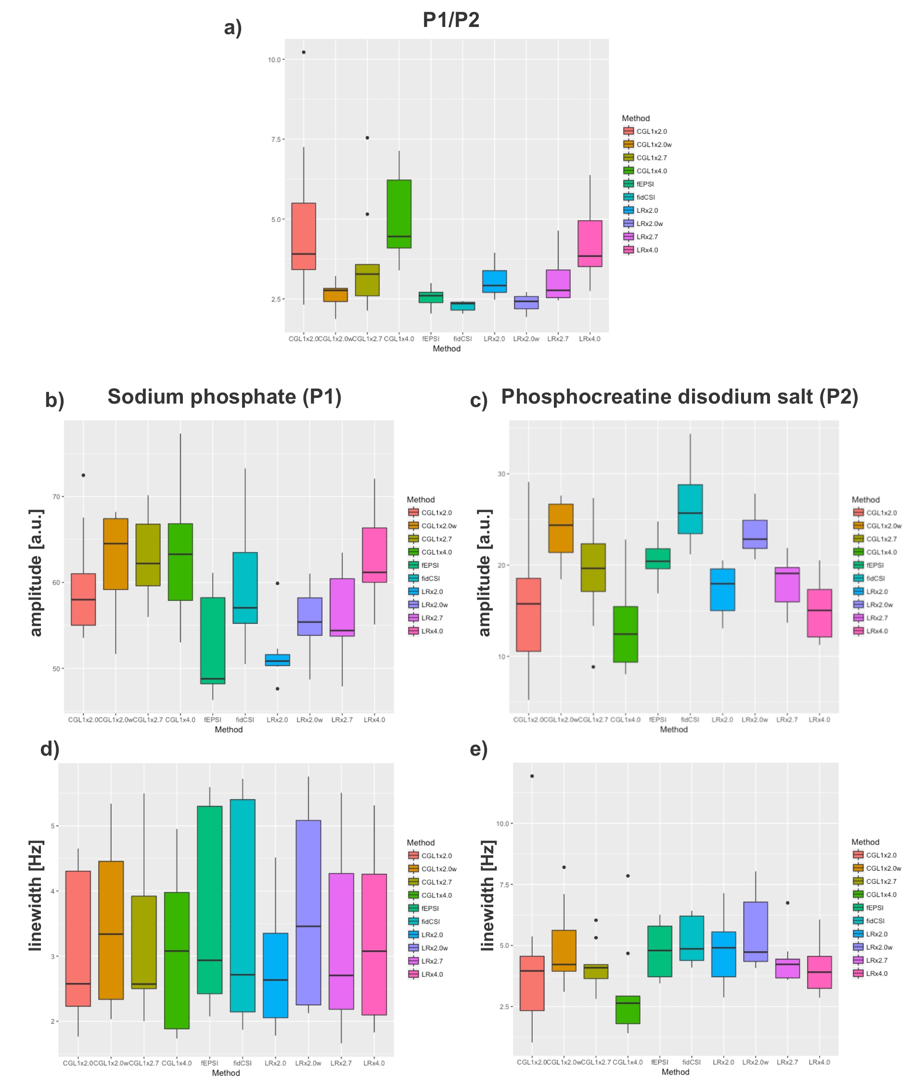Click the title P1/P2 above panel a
point(450,20)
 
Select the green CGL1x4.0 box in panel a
point(399,213)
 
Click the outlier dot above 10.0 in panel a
point(303,52)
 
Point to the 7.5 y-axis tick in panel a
point(275,139)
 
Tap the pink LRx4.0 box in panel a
point(590,244)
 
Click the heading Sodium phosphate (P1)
point(224,397)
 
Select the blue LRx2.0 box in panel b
point(278,659)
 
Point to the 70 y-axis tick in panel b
point(56,497)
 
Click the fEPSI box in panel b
point(212,641)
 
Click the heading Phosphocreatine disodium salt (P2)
point(679,397)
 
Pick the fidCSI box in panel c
point(690,509)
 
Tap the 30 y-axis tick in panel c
point(501,474)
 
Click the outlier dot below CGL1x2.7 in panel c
point(593,667)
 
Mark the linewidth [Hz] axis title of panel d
point(35,895)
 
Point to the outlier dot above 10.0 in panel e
point(532,776)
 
